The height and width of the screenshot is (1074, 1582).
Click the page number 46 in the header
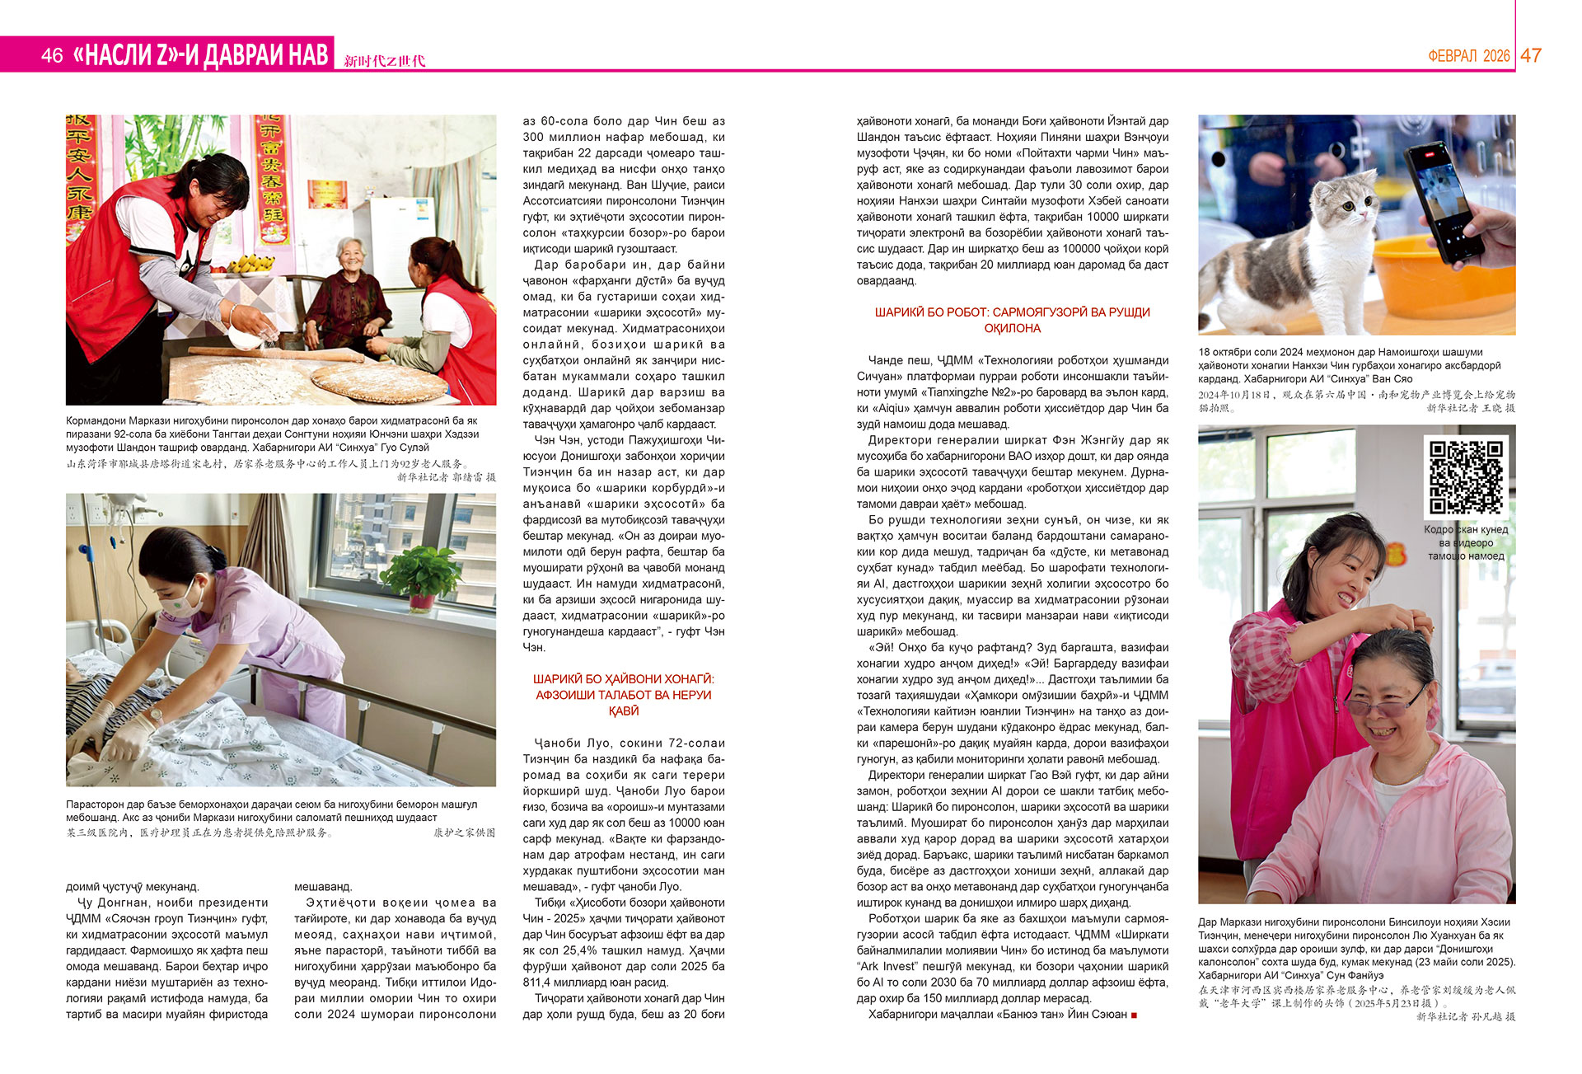coord(51,55)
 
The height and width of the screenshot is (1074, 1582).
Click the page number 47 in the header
coord(1531,55)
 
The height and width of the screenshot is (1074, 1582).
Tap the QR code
coord(1466,476)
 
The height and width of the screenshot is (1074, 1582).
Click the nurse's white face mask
coord(190,600)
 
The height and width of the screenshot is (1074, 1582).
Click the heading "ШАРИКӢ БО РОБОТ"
coord(1012,312)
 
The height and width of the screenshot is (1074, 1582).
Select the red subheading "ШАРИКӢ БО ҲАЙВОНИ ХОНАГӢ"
coord(623,679)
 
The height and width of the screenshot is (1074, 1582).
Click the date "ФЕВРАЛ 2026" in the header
coord(1468,56)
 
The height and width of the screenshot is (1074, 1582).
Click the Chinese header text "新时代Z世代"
coord(384,61)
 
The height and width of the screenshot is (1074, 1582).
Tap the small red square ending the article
coord(1134,1015)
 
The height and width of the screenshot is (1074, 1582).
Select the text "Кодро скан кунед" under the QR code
coord(1466,530)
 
